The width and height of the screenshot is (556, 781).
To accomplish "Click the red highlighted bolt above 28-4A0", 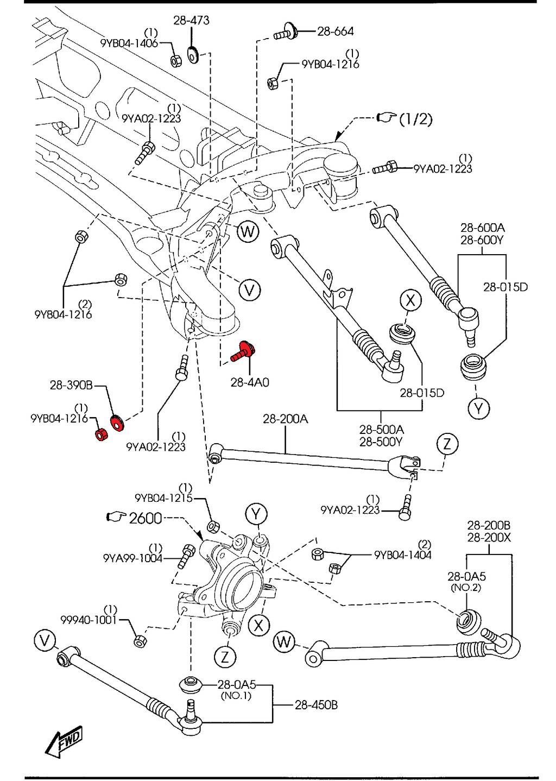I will click(243, 351).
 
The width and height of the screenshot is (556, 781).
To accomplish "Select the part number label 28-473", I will click(191, 21).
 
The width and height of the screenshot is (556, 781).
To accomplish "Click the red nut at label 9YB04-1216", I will click(101, 434).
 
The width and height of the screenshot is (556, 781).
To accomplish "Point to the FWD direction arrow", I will click(64, 741).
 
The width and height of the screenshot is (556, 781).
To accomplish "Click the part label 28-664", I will click(335, 32).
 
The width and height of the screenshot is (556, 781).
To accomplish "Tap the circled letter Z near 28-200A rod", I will click(447, 444).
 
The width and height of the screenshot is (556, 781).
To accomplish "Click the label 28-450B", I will click(316, 705).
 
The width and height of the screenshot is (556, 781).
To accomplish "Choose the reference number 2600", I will click(146, 518).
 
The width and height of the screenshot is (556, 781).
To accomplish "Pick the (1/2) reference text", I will click(415, 118).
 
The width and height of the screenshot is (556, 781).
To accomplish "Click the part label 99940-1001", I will click(89, 620).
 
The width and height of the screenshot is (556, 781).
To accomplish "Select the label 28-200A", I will click(285, 419).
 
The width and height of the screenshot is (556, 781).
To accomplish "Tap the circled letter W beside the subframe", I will click(248, 232).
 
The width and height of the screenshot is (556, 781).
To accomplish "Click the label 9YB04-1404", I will click(402, 555).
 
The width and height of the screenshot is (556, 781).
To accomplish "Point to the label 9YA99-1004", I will click(132, 558).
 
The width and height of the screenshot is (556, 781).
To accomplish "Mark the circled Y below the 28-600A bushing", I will click(478, 408).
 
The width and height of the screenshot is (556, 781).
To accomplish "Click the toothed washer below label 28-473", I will click(192, 55).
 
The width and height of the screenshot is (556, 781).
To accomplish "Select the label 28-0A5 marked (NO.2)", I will click(466, 576).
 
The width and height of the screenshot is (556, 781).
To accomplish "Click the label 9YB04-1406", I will click(129, 43).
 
